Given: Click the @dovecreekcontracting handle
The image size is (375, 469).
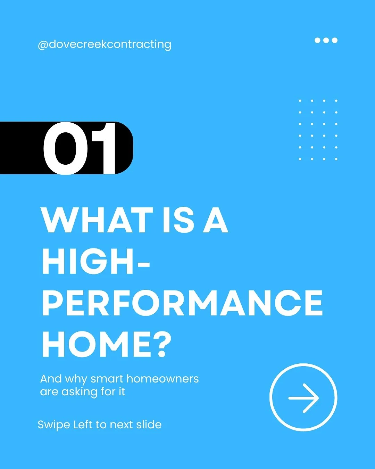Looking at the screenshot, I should tap(105, 44).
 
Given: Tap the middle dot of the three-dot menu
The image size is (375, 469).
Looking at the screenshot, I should tap(326, 40).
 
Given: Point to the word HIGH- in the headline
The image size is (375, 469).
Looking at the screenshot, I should tap(95, 261).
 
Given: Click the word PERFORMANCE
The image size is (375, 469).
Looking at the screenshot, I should tap(182, 303).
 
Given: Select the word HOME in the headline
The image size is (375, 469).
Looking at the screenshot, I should tap(95, 344).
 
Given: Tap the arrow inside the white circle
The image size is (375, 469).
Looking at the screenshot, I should tap(303, 398).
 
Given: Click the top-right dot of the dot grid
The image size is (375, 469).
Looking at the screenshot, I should tap(336, 101).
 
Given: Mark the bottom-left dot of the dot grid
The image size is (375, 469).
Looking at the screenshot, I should tap(300, 159).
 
